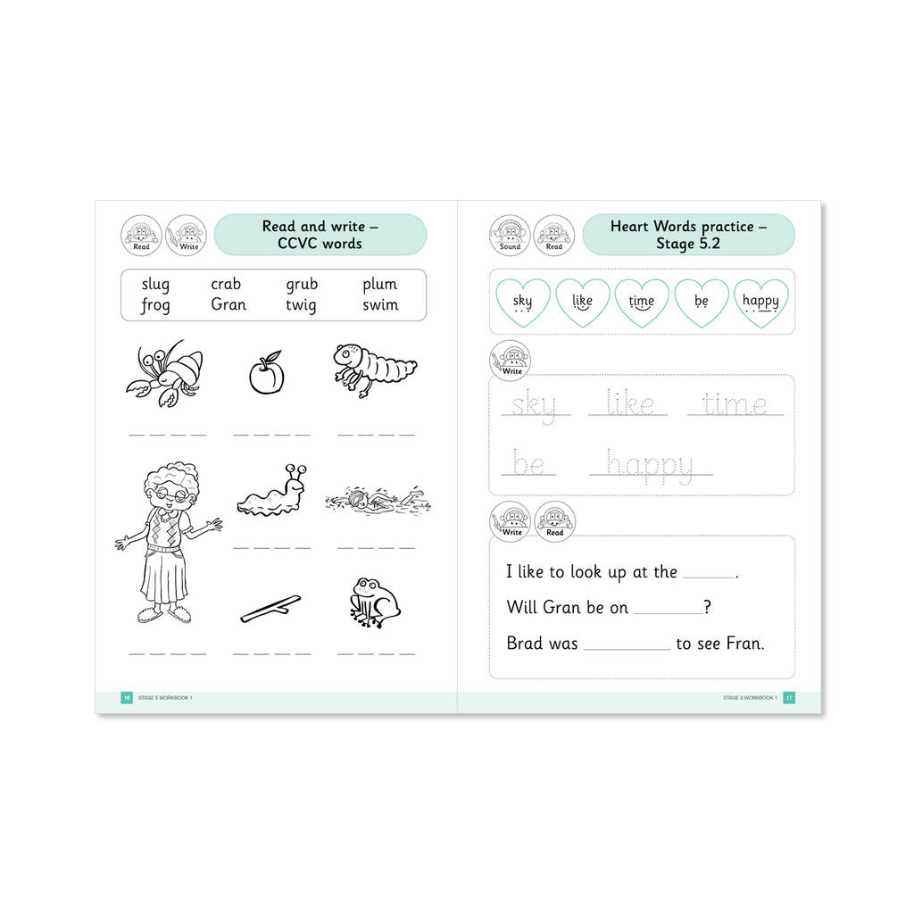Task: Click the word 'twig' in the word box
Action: tap(301, 305)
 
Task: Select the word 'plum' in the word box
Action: tap(379, 285)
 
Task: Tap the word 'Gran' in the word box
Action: tap(228, 304)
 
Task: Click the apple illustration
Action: tap(267, 373)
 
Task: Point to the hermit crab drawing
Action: tap(165, 374)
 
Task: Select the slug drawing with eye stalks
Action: tap(271, 492)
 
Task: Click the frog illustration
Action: tap(374, 602)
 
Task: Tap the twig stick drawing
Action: tap(270, 609)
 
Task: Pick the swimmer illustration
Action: tap(378, 501)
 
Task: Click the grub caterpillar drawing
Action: tap(374, 370)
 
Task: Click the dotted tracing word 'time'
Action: tap(735, 403)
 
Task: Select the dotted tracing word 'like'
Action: tap(629, 403)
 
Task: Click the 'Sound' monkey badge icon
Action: tap(510, 236)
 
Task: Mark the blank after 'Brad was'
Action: tap(627, 649)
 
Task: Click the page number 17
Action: tap(789, 698)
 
